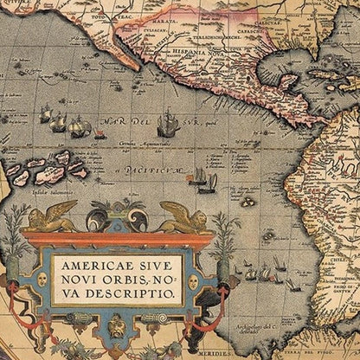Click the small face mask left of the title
[41, 280]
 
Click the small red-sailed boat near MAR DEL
[100, 133]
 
